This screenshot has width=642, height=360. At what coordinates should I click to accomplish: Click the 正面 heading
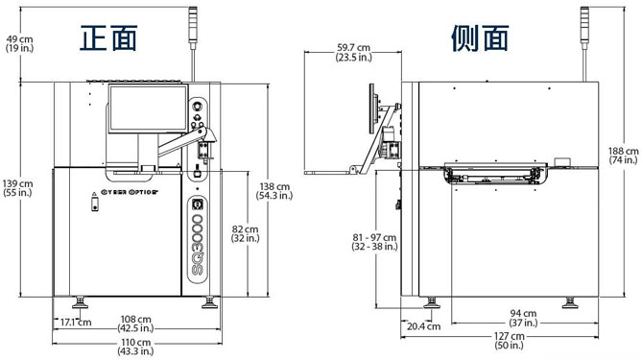click(108, 38)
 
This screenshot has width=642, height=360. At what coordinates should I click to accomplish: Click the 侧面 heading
click(480, 38)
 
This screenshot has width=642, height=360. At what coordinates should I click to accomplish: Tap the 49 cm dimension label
click(19, 44)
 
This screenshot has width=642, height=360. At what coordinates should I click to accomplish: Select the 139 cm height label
click(17, 188)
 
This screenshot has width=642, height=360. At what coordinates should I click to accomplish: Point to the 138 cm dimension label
click(274, 191)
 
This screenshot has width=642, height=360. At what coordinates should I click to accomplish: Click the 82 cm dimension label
click(246, 233)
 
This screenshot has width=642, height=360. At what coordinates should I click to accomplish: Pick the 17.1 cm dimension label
click(76, 323)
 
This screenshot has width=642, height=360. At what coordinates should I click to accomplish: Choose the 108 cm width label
click(135, 324)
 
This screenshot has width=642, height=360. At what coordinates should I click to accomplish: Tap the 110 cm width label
click(135, 347)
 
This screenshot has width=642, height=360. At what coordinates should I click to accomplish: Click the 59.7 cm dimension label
click(354, 53)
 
